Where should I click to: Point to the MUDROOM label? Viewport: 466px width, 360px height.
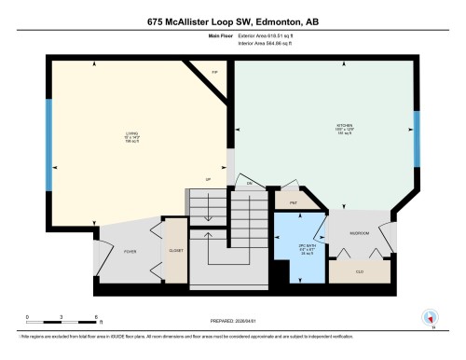tap(360, 232)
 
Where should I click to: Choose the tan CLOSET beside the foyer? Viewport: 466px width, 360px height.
tap(175, 251)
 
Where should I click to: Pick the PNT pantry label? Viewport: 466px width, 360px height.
tap(292, 200)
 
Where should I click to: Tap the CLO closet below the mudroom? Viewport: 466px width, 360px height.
tap(360, 272)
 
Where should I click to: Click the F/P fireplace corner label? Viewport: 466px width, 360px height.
tap(213, 70)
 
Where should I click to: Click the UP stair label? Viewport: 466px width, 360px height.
tap(209, 179)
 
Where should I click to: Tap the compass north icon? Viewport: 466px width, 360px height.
tap(430, 318)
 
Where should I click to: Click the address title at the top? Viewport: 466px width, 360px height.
tap(233, 20)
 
